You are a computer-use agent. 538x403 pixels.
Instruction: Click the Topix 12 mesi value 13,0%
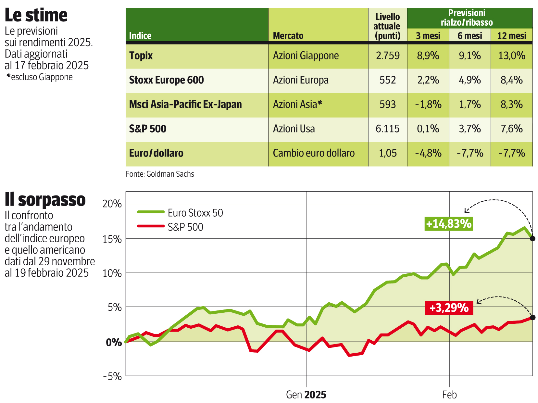512,56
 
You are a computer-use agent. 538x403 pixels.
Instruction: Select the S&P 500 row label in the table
148,129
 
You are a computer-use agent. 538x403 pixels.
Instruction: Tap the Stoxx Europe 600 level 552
388,80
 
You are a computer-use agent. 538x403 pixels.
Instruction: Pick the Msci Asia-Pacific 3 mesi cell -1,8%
428,104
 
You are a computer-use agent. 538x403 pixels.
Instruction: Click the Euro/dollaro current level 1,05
388,153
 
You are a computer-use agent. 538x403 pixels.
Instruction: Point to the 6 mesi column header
469,35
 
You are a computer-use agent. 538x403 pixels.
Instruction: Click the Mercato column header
288,35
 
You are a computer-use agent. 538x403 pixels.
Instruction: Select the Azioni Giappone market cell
306,56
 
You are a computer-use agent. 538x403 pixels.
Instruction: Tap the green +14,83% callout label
449,224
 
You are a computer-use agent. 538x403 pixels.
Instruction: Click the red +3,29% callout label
449,308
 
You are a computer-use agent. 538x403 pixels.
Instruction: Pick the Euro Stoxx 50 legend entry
180,213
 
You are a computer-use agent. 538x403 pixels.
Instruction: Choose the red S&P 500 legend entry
170,227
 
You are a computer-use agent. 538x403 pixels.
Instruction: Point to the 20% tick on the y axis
112,204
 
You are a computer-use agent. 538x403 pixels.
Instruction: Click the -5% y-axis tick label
112,376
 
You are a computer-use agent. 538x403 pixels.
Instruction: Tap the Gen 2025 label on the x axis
306,395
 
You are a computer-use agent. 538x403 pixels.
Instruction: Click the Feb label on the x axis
449,395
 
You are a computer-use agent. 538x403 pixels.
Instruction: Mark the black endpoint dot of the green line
532,239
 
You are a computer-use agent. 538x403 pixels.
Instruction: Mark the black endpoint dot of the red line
532,317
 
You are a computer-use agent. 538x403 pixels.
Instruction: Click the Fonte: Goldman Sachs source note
160,174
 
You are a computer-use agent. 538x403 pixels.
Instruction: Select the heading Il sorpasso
45,200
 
